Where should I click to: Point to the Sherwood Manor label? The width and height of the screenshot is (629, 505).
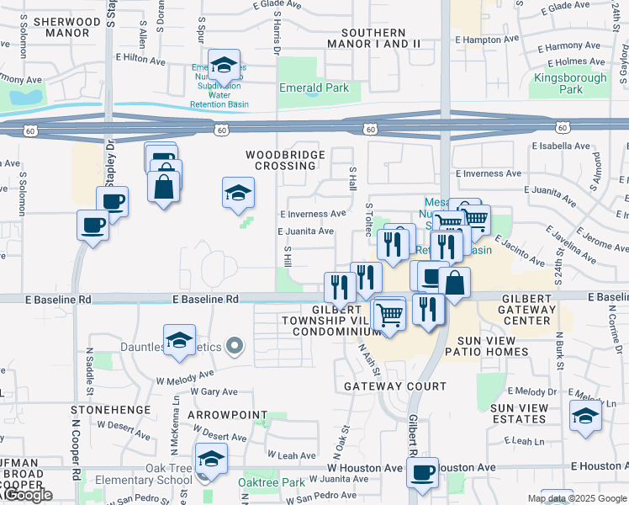pos(55,28)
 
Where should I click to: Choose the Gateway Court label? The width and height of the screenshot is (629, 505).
pos(395,386)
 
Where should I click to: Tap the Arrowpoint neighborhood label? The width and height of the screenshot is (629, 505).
pos(226,416)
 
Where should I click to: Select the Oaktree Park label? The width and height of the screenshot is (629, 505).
pos(271,482)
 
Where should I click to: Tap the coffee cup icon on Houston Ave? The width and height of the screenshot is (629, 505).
pos(423,472)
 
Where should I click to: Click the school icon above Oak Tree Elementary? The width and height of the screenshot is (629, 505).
pos(211,459)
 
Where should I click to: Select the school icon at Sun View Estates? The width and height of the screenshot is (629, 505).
pos(585,416)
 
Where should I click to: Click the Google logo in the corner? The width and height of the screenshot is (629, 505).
pos(27,495)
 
